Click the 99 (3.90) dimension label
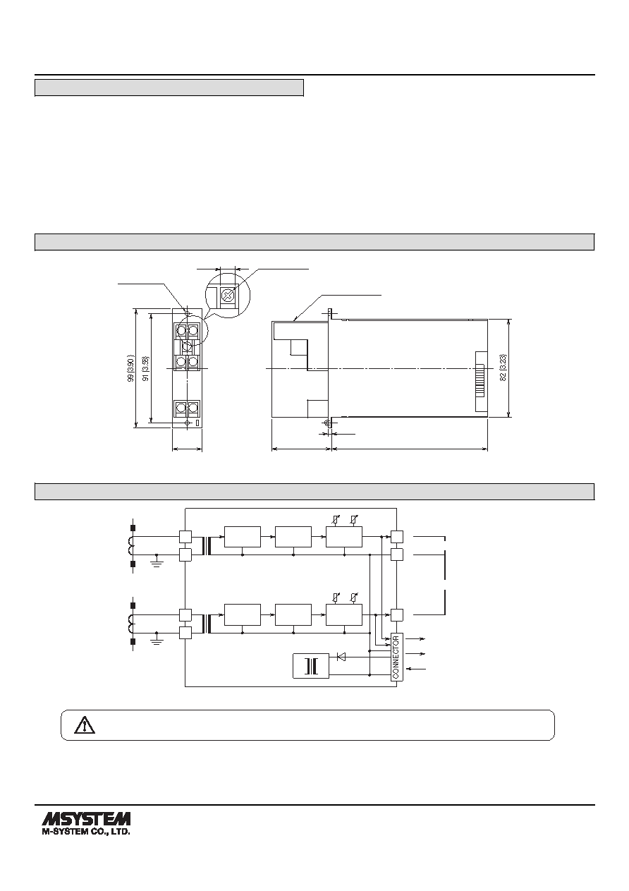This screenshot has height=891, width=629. (x=131, y=369)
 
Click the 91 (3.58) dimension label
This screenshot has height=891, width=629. (x=146, y=369)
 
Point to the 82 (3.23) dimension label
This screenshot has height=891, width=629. (x=503, y=368)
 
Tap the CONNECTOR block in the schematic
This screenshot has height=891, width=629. (x=396, y=657)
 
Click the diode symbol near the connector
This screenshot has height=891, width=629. (x=341, y=657)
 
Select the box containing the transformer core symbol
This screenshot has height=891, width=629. (x=311, y=665)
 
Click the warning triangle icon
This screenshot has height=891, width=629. (x=85, y=725)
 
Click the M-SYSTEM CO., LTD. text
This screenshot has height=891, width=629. (x=86, y=832)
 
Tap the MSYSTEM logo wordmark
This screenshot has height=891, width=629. (x=86, y=819)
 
